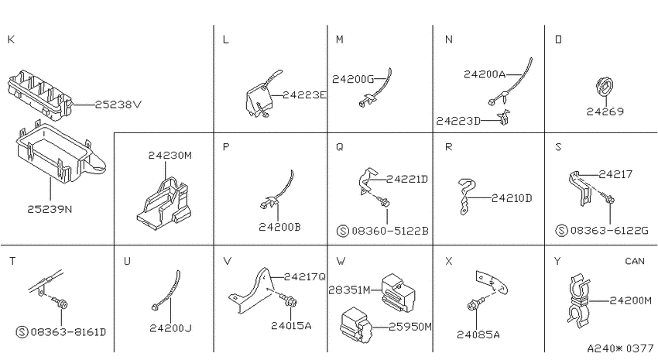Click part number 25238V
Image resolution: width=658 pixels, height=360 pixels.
click(x=118, y=104)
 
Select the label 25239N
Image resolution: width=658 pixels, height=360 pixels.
click(x=50, y=209)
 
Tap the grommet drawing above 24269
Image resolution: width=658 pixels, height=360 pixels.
click(x=604, y=87)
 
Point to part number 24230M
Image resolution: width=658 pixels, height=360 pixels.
click(x=170, y=156)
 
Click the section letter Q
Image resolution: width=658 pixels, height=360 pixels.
click(x=340, y=147)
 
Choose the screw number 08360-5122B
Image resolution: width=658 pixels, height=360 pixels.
click(x=390, y=231)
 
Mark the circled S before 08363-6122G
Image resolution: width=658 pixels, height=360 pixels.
click(x=561, y=231)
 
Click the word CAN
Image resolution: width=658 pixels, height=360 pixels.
click(x=635, y=261)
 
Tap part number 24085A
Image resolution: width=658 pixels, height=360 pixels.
click(x=478, y=334)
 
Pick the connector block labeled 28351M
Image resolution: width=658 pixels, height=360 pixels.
click(x=398, y=293)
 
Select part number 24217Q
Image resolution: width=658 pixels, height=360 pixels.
click(x=305, y=277)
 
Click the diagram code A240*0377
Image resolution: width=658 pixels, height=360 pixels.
click(x=620, y=348)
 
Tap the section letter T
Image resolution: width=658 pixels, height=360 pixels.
click(x=12, y=261)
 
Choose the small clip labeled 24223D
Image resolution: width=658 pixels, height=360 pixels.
click(x=505, y=118)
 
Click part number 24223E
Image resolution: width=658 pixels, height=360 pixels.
click(x=305, y=95)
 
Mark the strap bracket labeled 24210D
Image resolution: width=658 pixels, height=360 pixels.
click(x=467, y=197)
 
